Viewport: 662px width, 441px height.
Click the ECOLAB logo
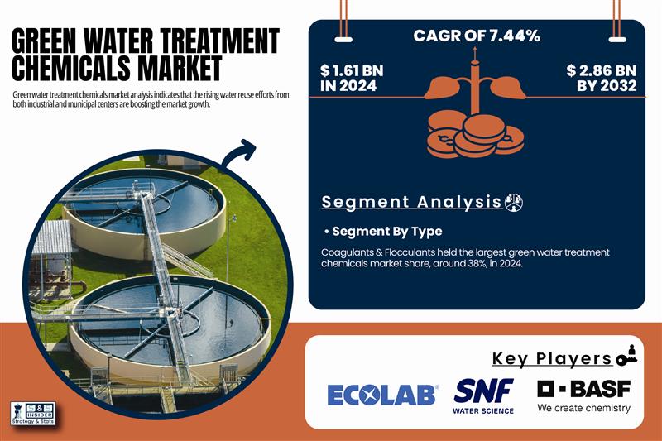(x=381, y=395)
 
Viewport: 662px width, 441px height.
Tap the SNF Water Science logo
(x=484, y=395)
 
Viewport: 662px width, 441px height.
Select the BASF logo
(x=583, y=388)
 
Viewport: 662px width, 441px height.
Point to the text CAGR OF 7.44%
(x=476, y=36)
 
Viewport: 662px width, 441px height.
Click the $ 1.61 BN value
(x=352, y=78)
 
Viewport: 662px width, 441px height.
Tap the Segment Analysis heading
(x=411, y=202)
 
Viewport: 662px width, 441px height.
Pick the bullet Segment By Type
(x=382, y=231)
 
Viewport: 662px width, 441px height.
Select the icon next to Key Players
(x=626, y=357)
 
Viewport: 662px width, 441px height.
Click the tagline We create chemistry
(x=583, y=408)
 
